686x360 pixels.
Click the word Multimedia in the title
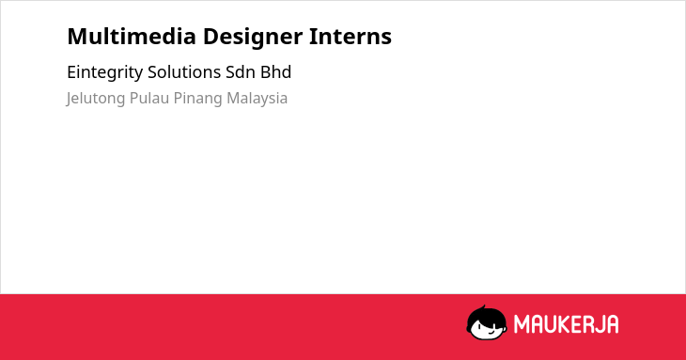tap(132, 36)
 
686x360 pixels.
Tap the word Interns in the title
tap(351, 36)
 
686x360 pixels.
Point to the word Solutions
tap(184, 72)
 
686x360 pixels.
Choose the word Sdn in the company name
tap(241, 72)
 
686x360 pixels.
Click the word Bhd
tap(276, 72)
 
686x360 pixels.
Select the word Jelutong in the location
tap(96, 99)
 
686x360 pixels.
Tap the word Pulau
tap(149, 98)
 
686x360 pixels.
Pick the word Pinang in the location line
tap(197, 99)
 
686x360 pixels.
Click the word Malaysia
tap(257, 99)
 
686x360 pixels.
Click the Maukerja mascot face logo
tap(487, 322)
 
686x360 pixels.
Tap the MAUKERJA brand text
tap(566, 324)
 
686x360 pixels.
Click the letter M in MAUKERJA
tap(521, 324)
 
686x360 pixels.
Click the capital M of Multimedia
tap(77, 37)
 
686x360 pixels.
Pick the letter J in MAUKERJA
tap(599, 324)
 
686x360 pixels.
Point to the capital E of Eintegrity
tap(71, 72)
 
